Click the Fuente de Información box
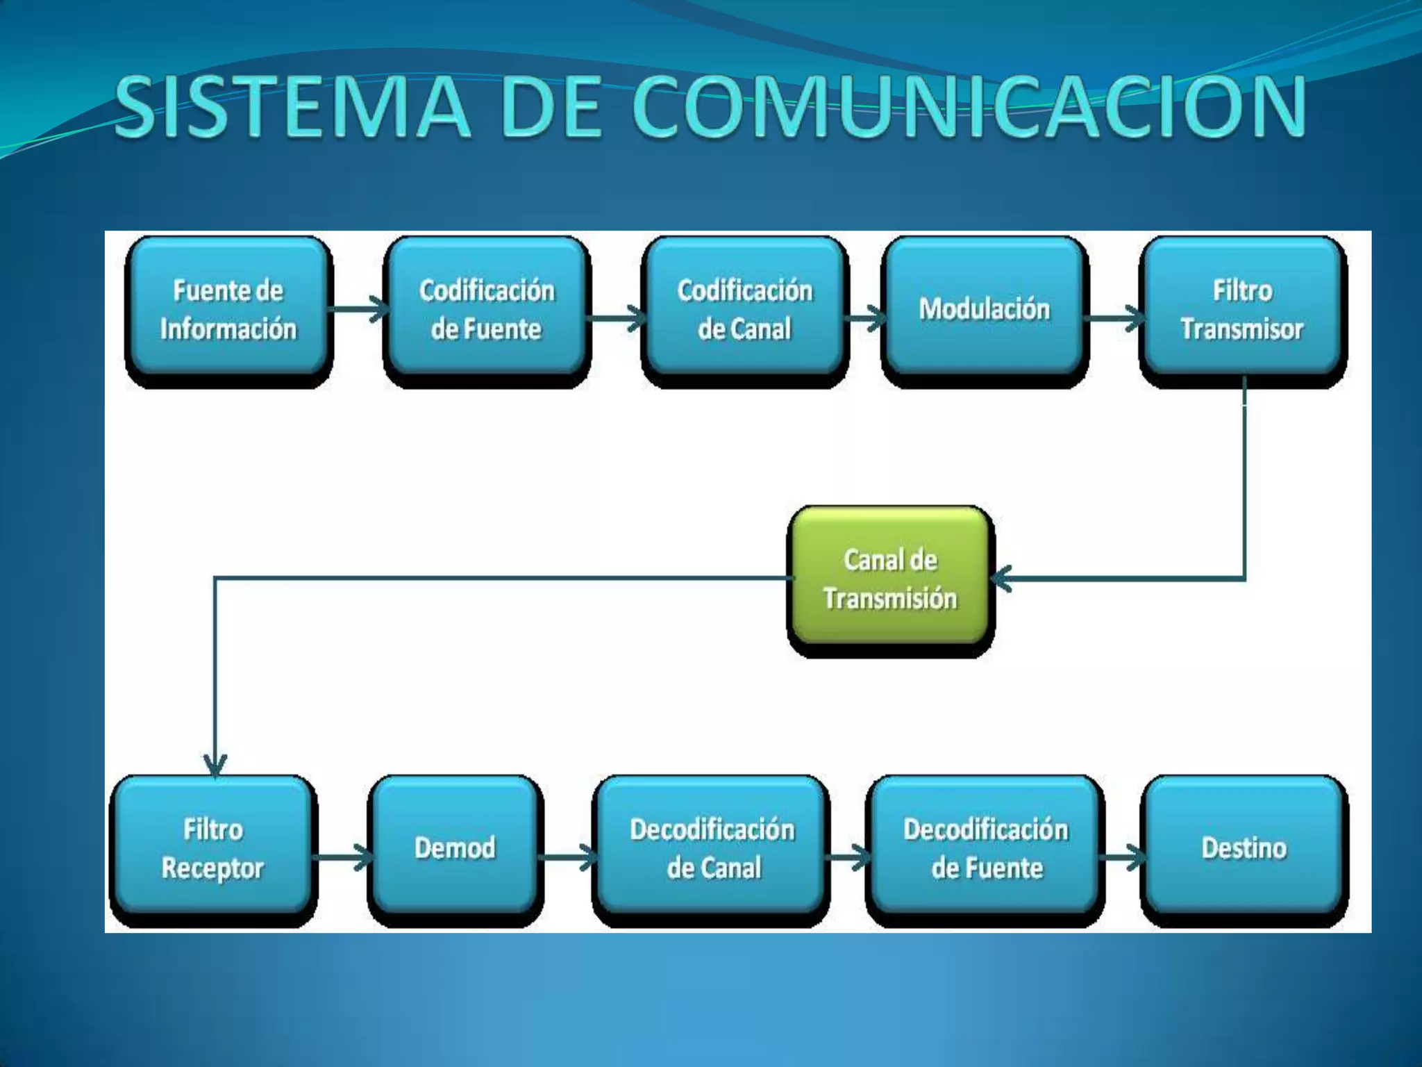pyautogui.click(x=228, y=310)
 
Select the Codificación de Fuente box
pyautogui.click(x=486, y=310)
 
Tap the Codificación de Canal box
pyautogui.click(x=744, y=310)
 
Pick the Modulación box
pyautogui.click(x=984, y=310)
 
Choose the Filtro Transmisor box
pyautogui.click(x=1242, y=310)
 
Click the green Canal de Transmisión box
pyautogui.click(x=890, y=579)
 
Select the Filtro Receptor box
pyautogui.click(x=213, y=849)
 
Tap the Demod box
pyautogui.click(x=455, y=849)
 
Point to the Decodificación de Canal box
pyautogui.click(x=712, y=849)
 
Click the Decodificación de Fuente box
pyautogui.click(x=985, y=849)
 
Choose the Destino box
pyautogui.click(x=1244, y=849)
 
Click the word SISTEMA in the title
pyautogui.click(x=292, y=108)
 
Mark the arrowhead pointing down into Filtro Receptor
pyautogui.click(x=215, y=766)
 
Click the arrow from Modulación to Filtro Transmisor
pyautogui.click(x=1115, y=319)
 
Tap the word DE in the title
pyautogui.click(x=552, y=108)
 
